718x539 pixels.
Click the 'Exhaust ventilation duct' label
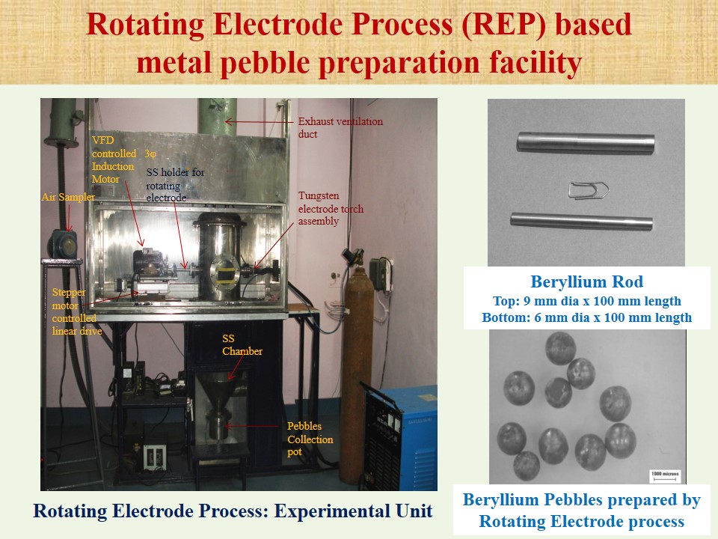[x=340, y=127]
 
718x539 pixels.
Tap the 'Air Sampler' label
[x=68, y=197]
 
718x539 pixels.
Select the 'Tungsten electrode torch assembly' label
[x=331, y=209]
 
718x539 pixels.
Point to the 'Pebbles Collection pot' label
[x=310, y=439]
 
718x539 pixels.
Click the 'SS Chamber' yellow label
[x=242, y=344]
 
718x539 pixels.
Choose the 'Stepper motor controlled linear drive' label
[x=76, y=311]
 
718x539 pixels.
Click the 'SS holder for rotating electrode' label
[x=175, y=185]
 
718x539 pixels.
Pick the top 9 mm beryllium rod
[x=586, y=142]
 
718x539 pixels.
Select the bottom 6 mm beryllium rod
[x=582, y=222]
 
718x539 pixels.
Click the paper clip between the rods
[x=589, y=189]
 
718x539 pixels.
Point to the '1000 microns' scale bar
[x=666, y=476]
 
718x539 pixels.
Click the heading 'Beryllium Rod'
[x=586, y=281]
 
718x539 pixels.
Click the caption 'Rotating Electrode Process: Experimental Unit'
[x=233, y=511]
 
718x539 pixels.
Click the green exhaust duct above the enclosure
[x=218, y=117]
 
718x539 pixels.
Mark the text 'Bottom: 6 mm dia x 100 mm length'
[x=586, y=317]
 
